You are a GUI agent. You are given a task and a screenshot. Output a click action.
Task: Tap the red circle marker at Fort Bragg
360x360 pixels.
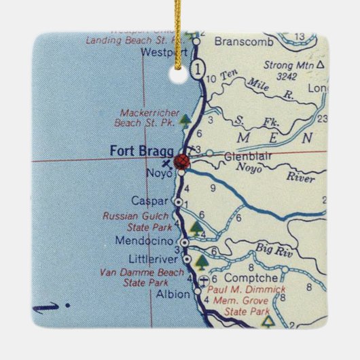[182, 161]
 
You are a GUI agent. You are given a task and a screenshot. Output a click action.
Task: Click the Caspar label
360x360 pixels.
[156, 202]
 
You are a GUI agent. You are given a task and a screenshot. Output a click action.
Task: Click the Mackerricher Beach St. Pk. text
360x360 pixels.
[148, 117]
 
